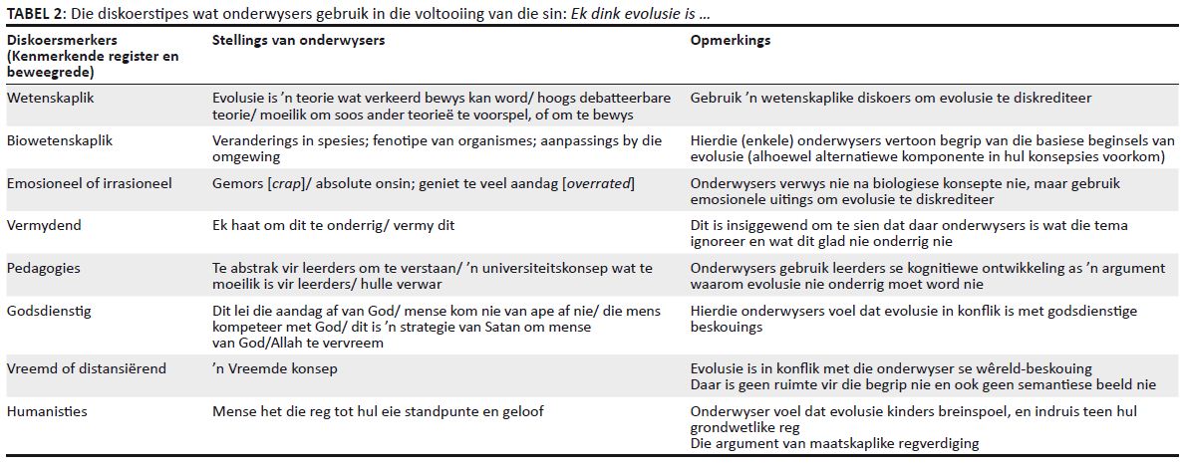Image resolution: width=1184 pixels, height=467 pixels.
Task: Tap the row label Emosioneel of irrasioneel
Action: click(89, 183)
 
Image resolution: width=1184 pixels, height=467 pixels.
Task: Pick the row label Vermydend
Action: click(45, 225)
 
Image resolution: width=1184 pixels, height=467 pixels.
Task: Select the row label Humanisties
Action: click(47, 410)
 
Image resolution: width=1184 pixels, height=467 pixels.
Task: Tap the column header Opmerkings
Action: click(731, 41)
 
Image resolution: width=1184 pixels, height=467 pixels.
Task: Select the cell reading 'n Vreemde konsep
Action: click(275, 368)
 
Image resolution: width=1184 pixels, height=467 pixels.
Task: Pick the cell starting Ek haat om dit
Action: click(334, 225)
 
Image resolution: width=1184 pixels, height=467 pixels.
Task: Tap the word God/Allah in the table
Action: click(264, 343)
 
